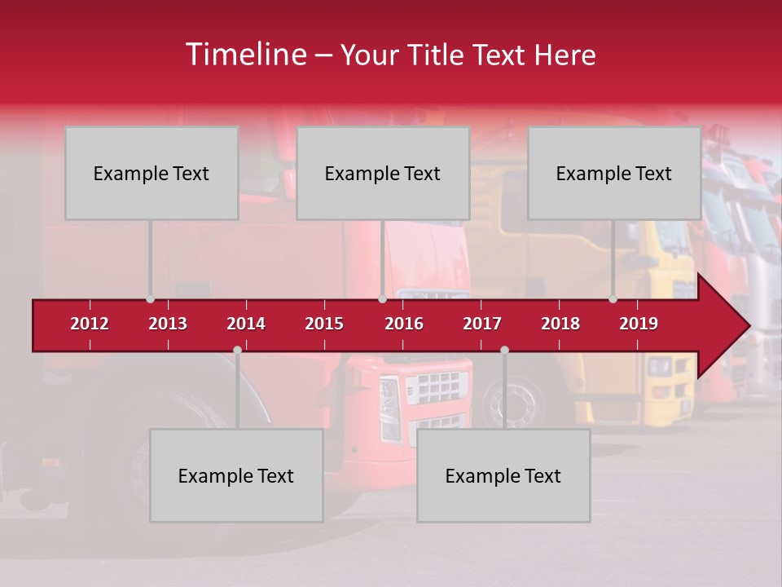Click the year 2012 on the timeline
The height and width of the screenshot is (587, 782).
(90, 324)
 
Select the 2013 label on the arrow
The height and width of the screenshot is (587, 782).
(168, 324)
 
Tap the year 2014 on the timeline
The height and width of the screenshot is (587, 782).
(246, 324)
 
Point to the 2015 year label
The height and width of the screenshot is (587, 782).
(324, 324)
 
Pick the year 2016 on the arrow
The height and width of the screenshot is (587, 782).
(404, 324)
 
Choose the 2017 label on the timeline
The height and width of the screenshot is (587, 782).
(482, 324)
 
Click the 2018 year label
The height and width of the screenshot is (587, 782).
(560, 324)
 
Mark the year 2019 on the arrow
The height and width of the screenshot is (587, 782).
(639, 324)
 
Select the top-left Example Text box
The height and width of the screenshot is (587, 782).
(152, 173)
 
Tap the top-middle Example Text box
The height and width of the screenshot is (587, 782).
(383, 173)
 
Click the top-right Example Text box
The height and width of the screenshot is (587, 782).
(614, 173)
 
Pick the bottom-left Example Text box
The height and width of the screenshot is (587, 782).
(236, 475)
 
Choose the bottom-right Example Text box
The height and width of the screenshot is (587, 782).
(503, 475)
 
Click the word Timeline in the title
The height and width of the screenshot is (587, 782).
(244, 55)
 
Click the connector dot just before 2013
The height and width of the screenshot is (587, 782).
(150, 299)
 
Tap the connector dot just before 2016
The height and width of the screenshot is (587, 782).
(382, 299)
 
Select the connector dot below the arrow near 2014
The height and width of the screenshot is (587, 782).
(237, 350)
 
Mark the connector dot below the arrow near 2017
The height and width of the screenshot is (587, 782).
(504, 350)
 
